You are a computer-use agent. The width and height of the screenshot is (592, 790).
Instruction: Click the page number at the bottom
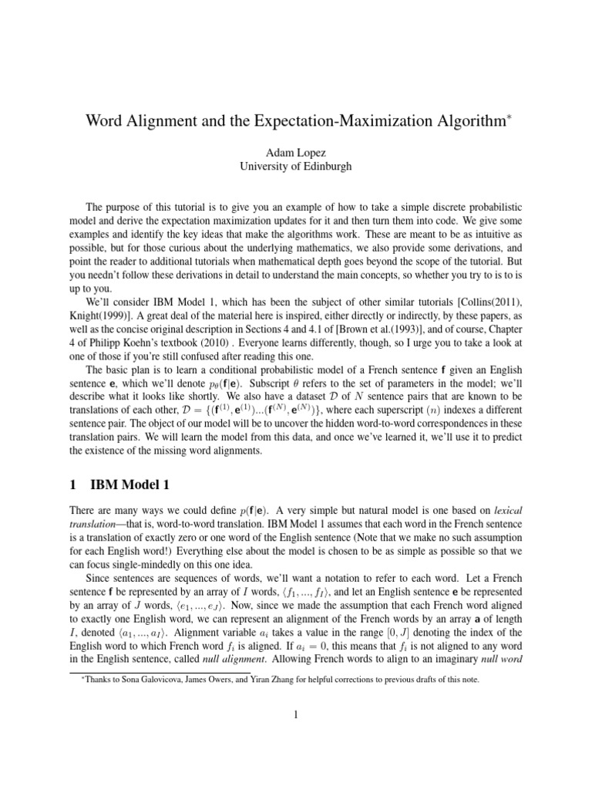point(295,715)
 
